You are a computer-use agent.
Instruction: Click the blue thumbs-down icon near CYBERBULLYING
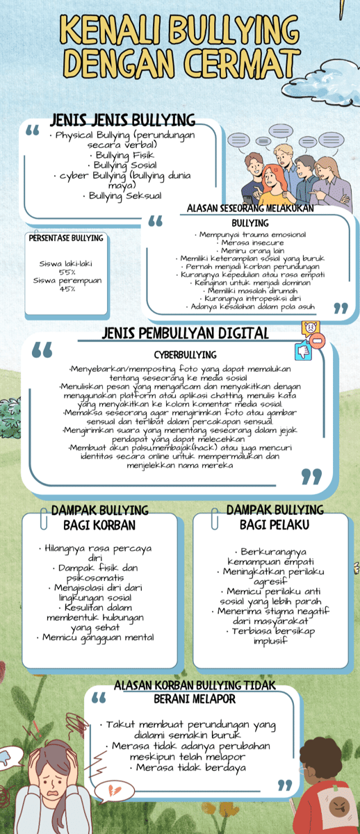[304, 352]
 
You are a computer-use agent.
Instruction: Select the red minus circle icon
[318, 341]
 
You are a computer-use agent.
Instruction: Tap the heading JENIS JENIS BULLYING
[123, 120]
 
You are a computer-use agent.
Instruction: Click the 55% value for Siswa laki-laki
[67, 272]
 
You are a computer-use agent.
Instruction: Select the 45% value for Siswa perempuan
[67, 288]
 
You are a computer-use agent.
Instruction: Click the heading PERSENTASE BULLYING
[66, 238]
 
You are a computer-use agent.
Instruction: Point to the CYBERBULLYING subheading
[185, 355]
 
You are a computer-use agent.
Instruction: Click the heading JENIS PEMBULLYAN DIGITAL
[185, 333]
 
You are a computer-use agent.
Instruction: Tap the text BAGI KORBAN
[99, 525]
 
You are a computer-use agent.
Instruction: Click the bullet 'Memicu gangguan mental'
[98, 637]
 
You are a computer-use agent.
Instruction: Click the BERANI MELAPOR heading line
[195, 698]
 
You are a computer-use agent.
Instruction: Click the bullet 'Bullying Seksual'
[125, 196]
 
